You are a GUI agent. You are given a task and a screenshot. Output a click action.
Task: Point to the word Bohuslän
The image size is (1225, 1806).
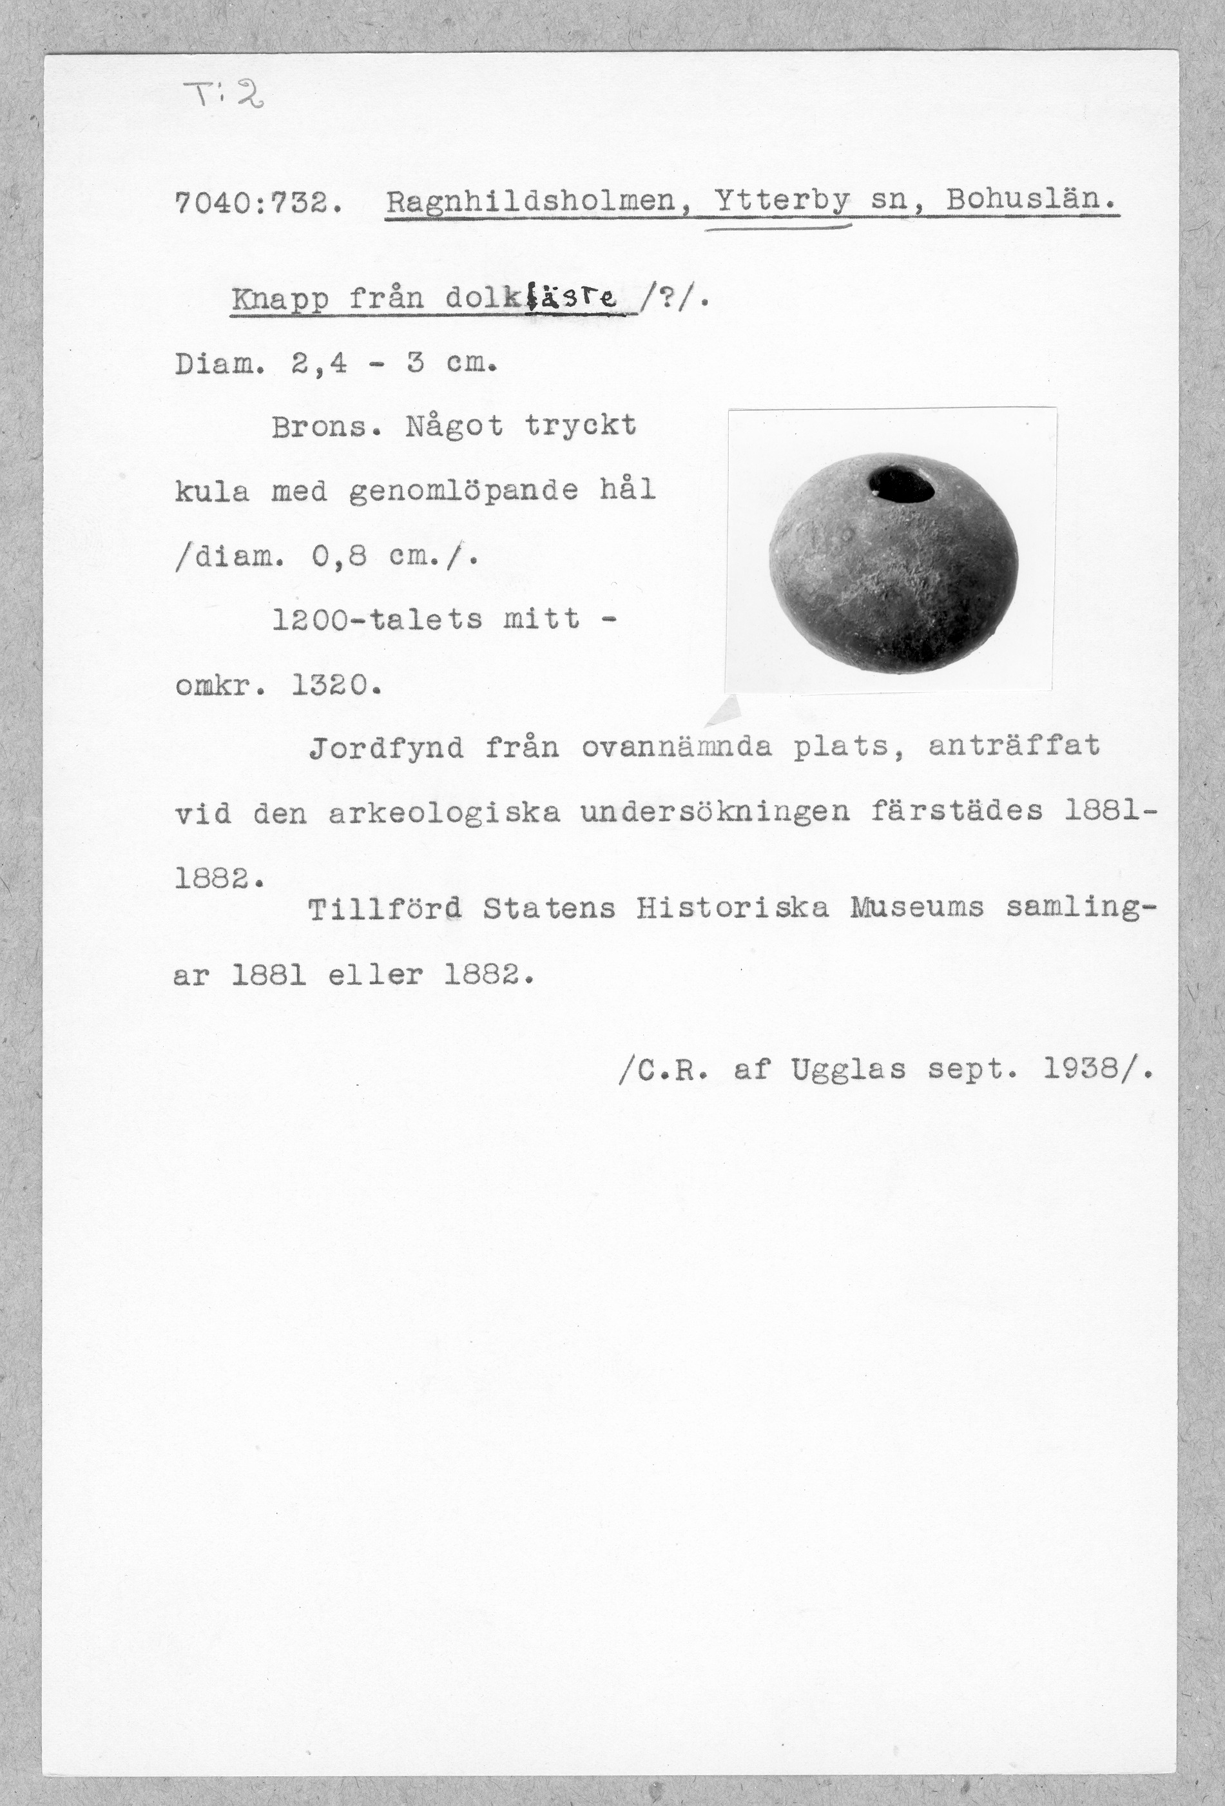1032,203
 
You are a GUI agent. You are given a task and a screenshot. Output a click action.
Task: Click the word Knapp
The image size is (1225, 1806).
280,299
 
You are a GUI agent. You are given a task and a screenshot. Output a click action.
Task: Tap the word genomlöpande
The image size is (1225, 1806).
464,491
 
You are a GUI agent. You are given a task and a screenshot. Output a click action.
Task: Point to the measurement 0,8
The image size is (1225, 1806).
338,556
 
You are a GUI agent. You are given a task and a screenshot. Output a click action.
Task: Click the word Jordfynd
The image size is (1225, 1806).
386,748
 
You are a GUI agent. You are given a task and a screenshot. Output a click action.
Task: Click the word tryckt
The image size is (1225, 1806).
579,426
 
